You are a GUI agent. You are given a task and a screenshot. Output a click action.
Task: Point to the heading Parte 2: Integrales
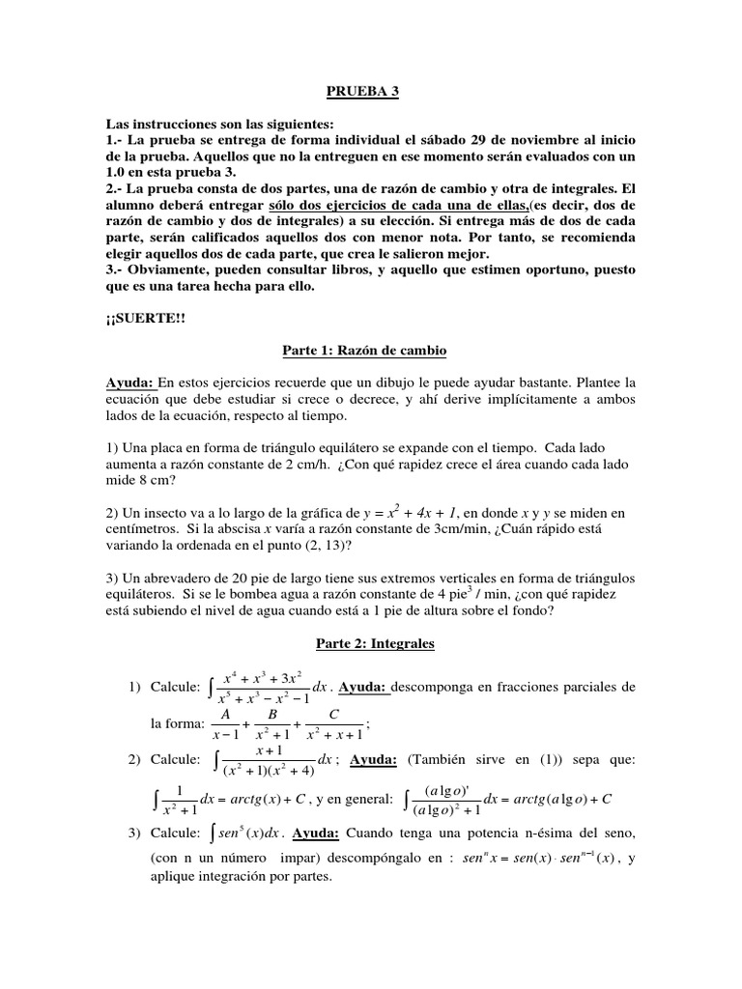coord(371,642)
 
